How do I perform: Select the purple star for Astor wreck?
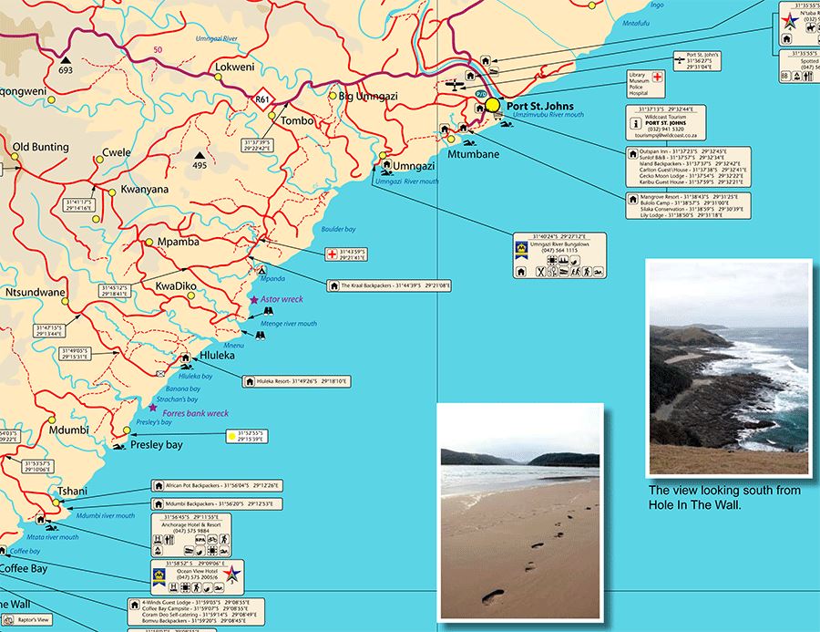coord(254,300)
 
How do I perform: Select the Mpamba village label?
coord(179,243)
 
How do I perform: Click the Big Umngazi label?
coord(364,96)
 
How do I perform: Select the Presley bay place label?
coord(157,445)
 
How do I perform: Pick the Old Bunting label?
coord(40,147)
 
